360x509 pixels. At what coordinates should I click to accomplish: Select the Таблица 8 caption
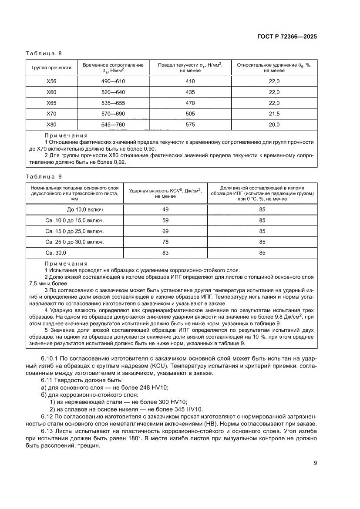coord(44,54)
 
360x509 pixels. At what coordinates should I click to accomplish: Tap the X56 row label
coord(51,81)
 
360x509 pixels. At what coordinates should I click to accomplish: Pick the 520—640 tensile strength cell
coord(113,92)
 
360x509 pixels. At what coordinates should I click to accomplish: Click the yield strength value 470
coord(190,103)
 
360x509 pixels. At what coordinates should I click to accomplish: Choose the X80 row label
coord(51,125)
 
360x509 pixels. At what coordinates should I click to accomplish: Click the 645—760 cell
coord(113,125)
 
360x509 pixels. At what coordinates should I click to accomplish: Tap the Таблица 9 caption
coord(44,176)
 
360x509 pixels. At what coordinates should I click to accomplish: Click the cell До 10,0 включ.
coord(74,209)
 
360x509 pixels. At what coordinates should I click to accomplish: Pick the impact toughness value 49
coord(165,209)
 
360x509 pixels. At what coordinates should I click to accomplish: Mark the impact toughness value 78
coord(165,242)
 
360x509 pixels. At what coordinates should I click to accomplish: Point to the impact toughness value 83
coord(165,253)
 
